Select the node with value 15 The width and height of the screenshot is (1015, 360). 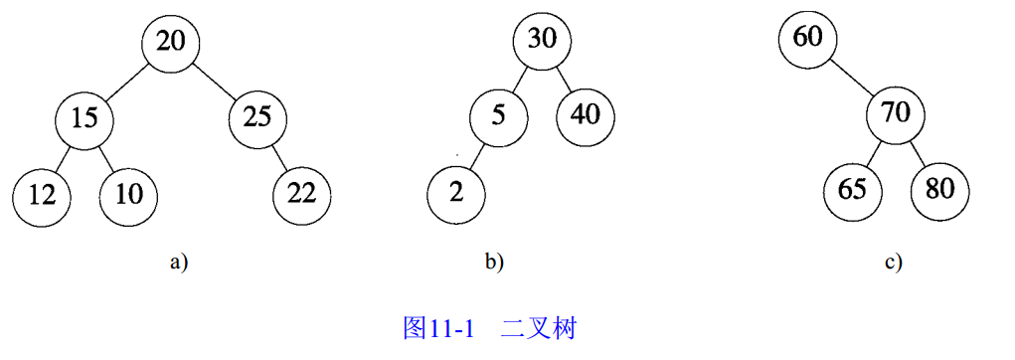85,118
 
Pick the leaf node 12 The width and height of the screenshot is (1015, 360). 42,193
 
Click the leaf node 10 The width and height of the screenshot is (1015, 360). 128,193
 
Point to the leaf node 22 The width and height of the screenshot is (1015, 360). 301,193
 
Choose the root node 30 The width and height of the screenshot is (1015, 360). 542,40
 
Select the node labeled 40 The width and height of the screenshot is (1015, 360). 585,114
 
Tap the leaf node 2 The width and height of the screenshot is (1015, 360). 456,192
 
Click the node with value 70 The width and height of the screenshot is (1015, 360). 895,112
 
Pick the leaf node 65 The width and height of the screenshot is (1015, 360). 852,189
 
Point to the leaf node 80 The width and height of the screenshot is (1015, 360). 938,189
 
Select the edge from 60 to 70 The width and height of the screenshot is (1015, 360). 851,77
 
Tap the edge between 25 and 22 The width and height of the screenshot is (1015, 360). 279,156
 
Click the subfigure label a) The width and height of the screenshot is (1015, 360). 179,263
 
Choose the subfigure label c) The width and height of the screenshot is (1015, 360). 893,263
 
